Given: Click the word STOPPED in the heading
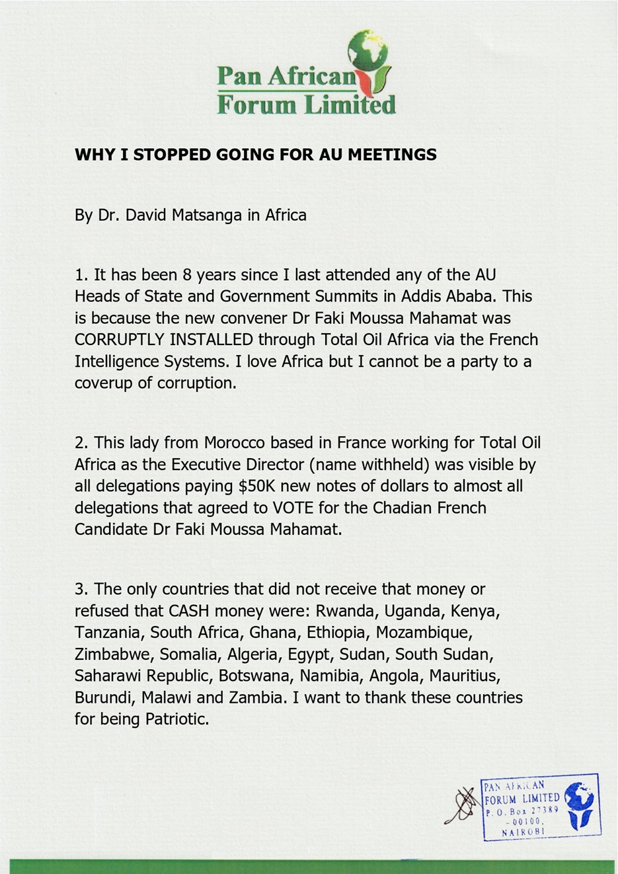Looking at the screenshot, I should (x=171, y=155).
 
